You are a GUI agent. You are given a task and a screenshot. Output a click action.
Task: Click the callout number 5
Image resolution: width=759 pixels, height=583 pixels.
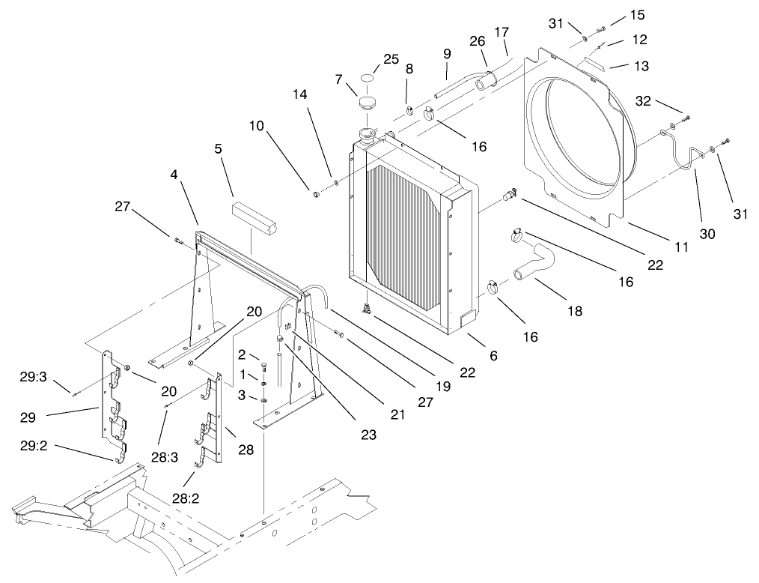coord(218,149)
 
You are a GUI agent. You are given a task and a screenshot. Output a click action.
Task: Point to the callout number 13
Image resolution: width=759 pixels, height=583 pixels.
coord(641,66)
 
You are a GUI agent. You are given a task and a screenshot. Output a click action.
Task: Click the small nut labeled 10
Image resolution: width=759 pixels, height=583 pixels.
coord(317,196)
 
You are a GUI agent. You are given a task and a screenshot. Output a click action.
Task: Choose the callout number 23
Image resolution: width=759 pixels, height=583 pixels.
coord(368,434)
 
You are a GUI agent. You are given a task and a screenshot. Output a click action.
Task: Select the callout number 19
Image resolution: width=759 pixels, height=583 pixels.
coord(443,387)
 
